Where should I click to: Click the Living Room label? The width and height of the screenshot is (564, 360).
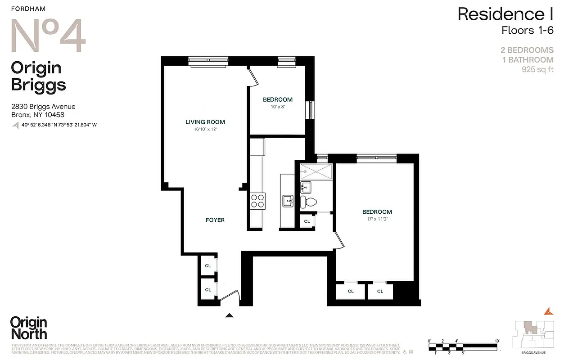pyautogui.click(x=205, y=122)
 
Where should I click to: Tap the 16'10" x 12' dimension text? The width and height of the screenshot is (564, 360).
pyautogui.click(x=205, y=129)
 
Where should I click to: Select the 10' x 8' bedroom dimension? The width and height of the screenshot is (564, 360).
pyautogui.click(x=277, y=107)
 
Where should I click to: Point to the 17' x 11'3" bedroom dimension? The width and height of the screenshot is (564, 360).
pyautogui.click(x=377, y=220)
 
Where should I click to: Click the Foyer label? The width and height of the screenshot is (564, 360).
pyautogui.click(x=215, y=220)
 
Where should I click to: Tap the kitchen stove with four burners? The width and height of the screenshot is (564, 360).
pyautogui.click(x=257, y=200)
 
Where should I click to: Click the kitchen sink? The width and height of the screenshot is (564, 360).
pyautogui.click(x=288, y=201)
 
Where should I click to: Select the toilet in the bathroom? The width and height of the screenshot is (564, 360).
pyautogui.click(x=309, y=202)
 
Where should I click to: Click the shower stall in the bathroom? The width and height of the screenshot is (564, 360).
pyautogui.click(x=316, y=171)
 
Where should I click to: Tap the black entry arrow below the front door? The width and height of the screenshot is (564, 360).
pyautogui.click(x=230, y=316)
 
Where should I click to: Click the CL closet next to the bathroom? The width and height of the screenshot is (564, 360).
pyautogui.click(x=307, y=221)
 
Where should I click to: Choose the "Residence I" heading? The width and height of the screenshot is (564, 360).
pyautogui.click(x=505, y=14)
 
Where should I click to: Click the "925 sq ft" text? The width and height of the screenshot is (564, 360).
pyautogui.click(x=537, y=70)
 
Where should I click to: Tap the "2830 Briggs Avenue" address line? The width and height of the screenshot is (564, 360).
pyautogui.click(x=43, y=107)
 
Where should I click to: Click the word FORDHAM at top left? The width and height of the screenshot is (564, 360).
pyautogui.click(x=28, y=9)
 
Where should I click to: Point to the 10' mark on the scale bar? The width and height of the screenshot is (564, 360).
pyautogui.click(x=497, y=341)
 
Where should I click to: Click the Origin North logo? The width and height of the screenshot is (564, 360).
pyautogui.click(x=28, y=328)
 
